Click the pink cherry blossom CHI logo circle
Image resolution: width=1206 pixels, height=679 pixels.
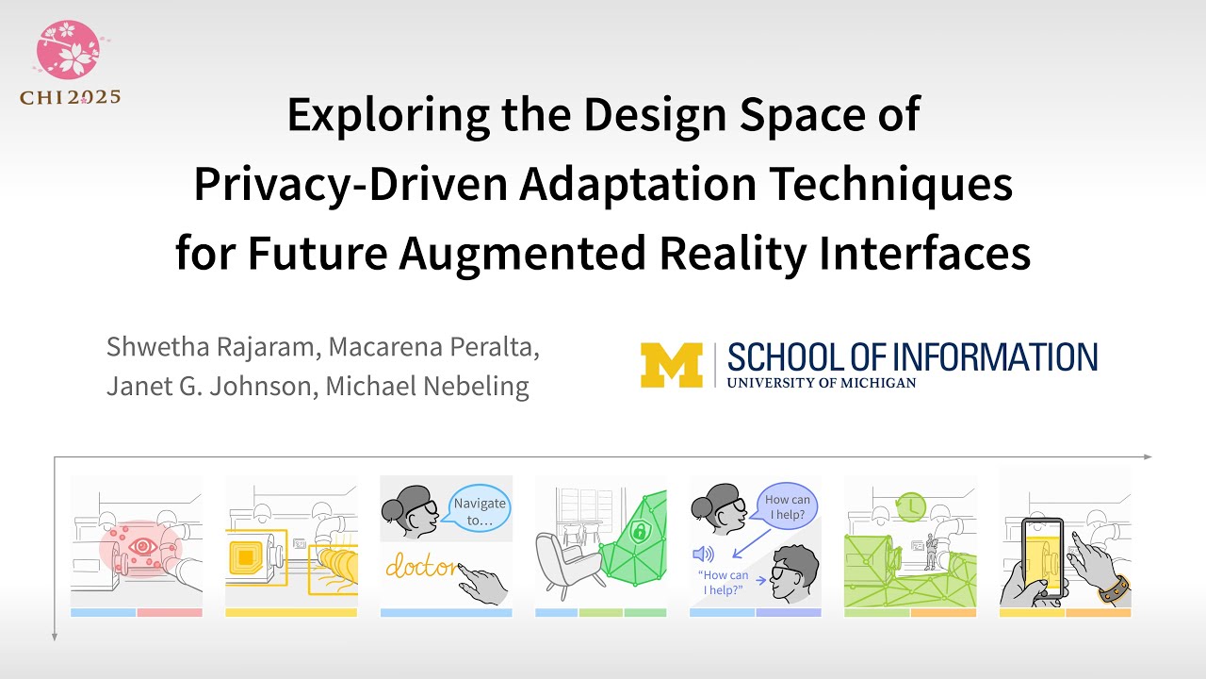click(x=68, y=48)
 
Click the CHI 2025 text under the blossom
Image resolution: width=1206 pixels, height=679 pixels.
click(x=70, y=96)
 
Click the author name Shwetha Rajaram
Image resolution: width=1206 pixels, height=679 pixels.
click(x=213, y=346)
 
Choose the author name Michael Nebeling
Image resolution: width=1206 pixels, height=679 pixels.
click(x=427, y=385)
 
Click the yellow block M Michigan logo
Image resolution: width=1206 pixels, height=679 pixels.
click(x=671, y=364)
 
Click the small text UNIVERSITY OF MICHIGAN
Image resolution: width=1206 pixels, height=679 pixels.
click(x=822, y=382)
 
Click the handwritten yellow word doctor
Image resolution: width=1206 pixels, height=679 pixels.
click(x=420, y=568)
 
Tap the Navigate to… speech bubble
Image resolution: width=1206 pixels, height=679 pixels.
click(x=480, y=510)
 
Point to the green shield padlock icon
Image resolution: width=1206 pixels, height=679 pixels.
click(x=640, y=533)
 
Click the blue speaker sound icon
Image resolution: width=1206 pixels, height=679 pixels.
click(x=703, y=554)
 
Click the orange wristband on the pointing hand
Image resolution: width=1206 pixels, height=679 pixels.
click(x=1113, y=588)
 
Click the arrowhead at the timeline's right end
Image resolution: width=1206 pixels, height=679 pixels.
click(x=1147, y=456)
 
